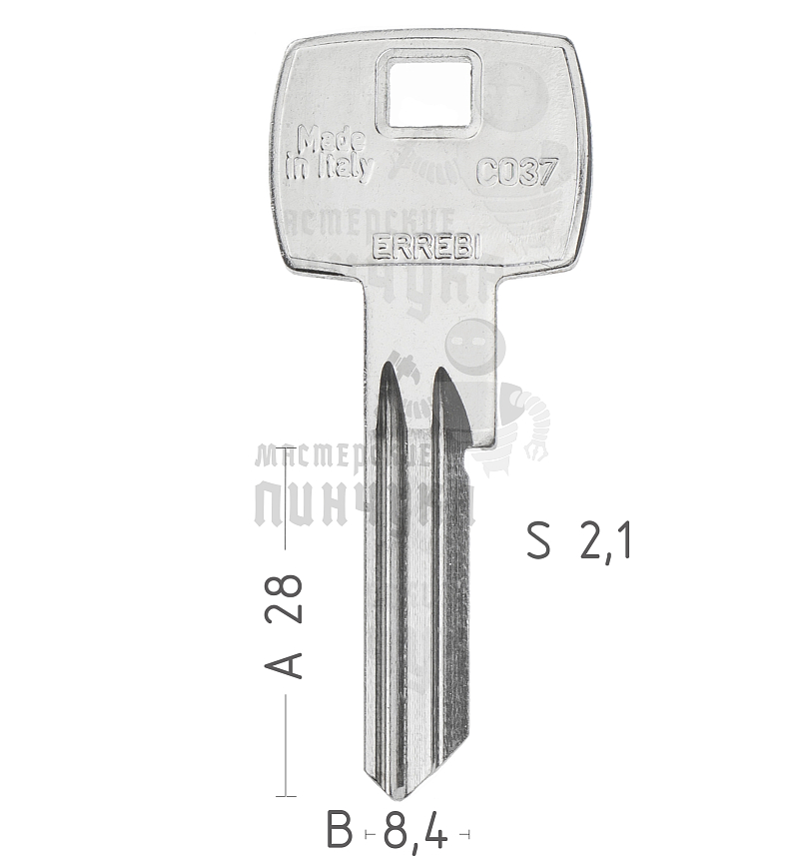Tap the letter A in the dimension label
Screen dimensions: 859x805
[288, 661]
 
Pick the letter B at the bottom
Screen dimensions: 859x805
[341, 830]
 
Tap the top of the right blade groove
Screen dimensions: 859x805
[440, 376]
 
